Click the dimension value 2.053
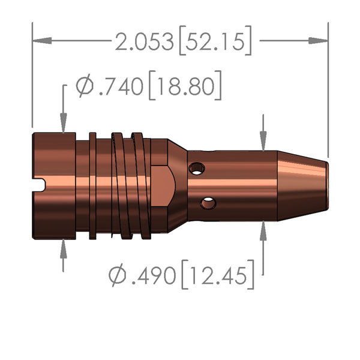point(145,42)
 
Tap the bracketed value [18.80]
point(185,87)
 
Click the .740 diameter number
point(121,87)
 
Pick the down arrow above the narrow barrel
point(263,141)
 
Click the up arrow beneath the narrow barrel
point(263,231)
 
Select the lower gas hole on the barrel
point(208,204)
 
